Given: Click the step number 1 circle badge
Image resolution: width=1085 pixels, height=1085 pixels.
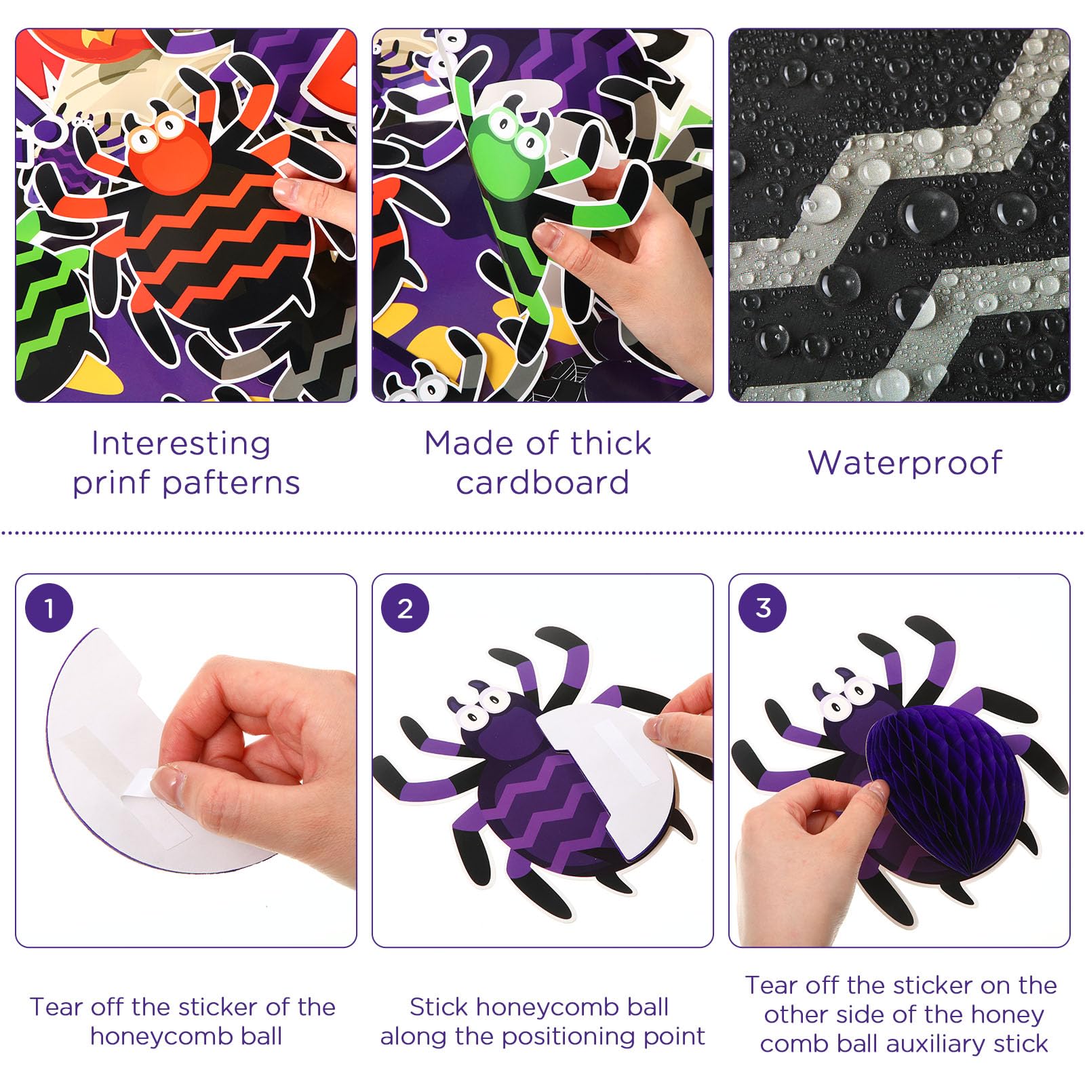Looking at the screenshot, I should coord(49,608).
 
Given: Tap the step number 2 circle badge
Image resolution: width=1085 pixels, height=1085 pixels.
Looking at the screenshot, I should coord(405,608).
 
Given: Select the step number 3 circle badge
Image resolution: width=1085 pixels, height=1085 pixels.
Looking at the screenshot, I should coord(763,608).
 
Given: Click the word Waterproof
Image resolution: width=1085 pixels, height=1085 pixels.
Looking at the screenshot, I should coord(905,463).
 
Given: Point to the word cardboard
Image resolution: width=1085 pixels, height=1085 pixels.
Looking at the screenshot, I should coord(542,483).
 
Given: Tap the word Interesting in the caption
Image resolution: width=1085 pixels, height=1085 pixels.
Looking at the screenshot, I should coord(181,444).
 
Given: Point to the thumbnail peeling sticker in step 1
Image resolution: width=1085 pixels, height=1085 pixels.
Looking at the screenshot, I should coord(170,787).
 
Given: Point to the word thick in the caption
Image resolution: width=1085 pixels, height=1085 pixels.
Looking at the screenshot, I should coord(610,444).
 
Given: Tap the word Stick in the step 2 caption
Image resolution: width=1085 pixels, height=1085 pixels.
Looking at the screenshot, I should coord(439,1007).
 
